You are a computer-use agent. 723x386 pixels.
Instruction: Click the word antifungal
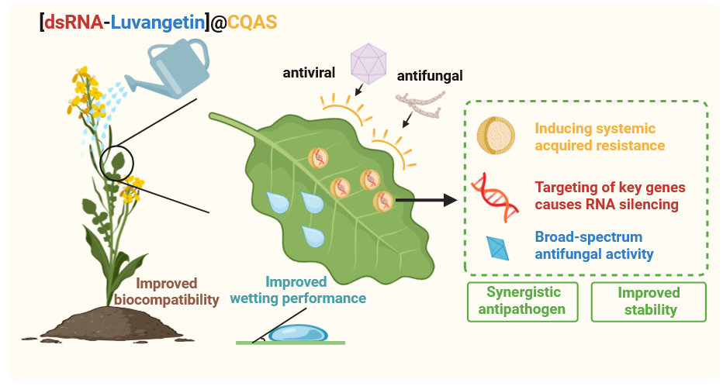[x=430, y=76]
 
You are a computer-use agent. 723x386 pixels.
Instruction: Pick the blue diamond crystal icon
[x=496, y=246]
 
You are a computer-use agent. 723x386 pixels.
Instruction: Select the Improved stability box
[x=649, y=302]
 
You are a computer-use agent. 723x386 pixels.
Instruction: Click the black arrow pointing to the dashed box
[x=426, y=202]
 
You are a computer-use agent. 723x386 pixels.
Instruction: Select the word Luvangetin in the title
[x=157, y=22]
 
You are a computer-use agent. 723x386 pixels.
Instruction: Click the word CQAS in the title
[x=252, y=22]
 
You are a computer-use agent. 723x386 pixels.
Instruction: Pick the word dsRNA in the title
[x=73, y=22]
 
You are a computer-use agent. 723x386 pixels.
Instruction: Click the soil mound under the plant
[x=101, y=326]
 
